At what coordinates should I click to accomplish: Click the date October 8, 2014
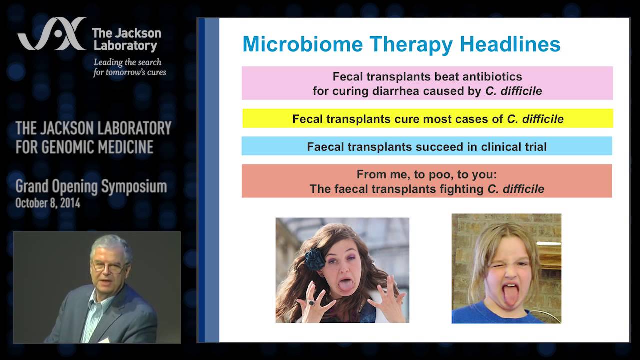[x=48, y=203]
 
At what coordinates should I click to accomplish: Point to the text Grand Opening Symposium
[x=91, y=187]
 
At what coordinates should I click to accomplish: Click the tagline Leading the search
[x=127, y=62]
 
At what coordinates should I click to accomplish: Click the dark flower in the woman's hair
[x=315, y=258]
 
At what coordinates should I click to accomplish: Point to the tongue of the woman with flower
[x=345, y=285]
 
